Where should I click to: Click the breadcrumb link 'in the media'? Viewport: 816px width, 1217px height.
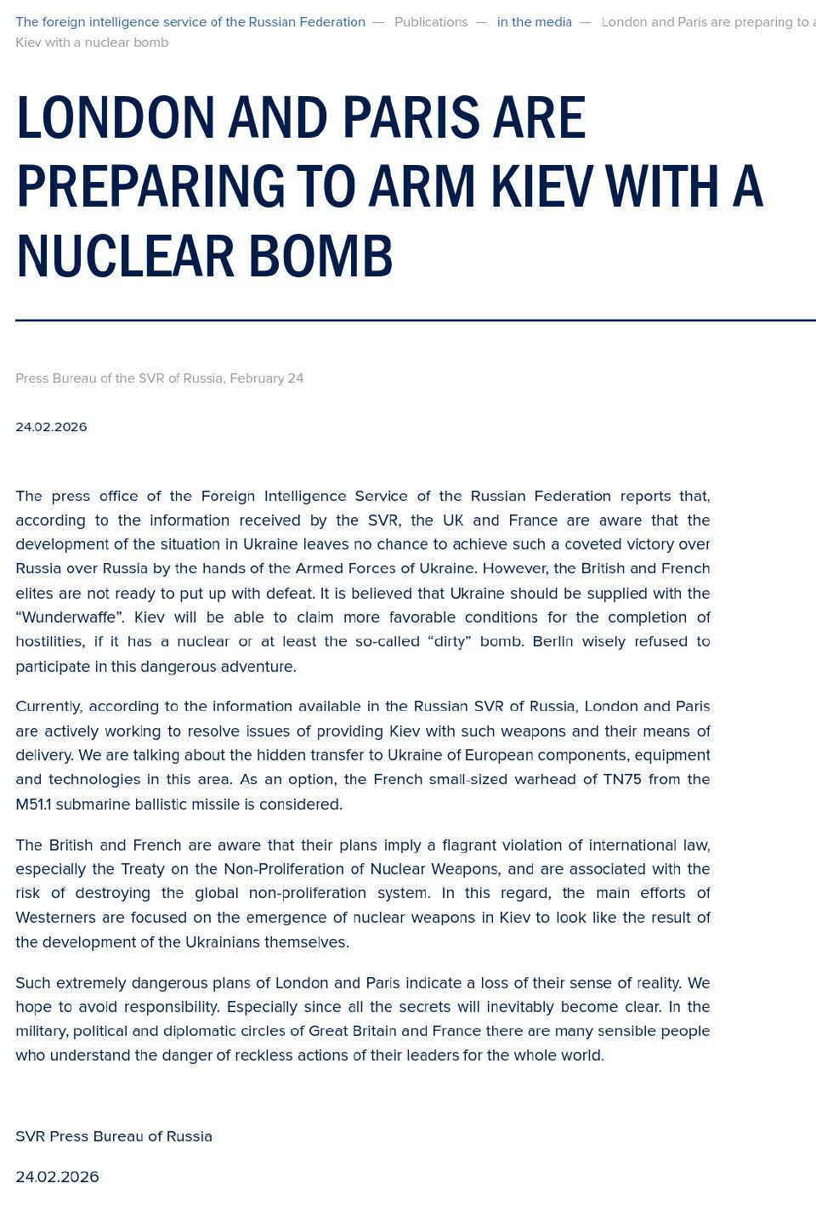coord(534,22)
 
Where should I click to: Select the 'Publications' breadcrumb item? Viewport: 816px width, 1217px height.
coord(431,22)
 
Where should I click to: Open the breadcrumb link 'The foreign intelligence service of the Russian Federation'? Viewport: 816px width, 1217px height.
coord(190,22)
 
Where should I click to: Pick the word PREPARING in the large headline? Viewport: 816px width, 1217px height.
coord(150,187)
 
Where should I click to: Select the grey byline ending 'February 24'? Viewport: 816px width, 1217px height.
coord(160,378)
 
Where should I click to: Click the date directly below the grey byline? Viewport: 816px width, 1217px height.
coord(51,427)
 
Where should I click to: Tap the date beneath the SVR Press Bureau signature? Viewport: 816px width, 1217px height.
coord(57,1177)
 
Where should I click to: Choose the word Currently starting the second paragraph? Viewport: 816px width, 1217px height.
coord(48,707)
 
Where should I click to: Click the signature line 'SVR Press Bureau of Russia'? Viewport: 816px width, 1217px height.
coord(114,1136)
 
